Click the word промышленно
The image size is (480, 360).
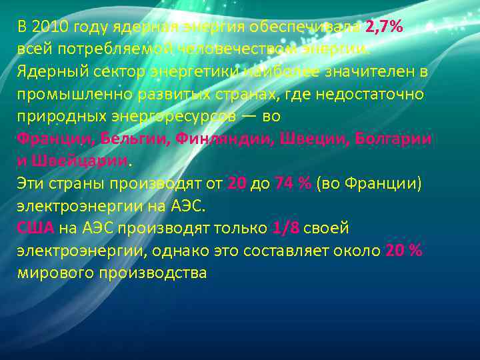[x=71, y=94]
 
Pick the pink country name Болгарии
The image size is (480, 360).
[x=393, y=139]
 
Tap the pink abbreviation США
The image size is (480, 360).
[x=35, y=228]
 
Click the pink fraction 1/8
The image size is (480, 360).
[x=285, y=228]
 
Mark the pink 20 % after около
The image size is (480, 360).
[x=403, y=251]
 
